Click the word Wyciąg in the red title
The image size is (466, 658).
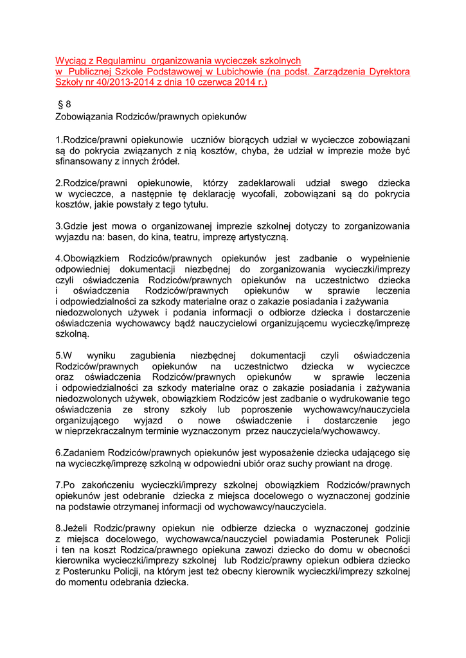click(x=71, y=60)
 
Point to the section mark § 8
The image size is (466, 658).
click(x=64, y=105)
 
